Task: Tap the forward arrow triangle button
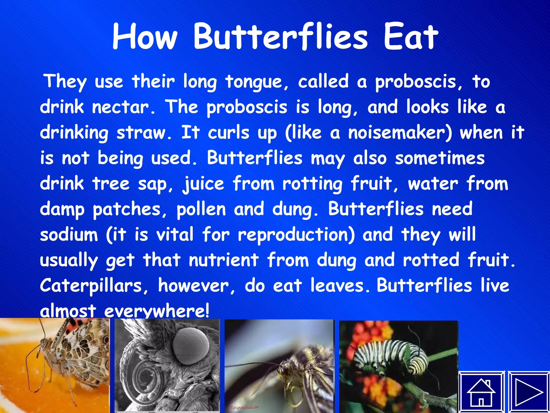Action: point(529,392)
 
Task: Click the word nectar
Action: point(124,107)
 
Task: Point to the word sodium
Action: point(69,234)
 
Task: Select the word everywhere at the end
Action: point(156,311)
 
